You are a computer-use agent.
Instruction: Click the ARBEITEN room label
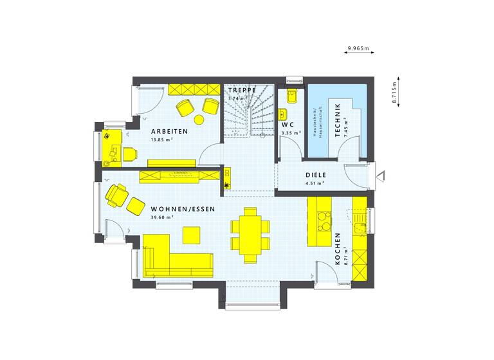[x=170, y=131]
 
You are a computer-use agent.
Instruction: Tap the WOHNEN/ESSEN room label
[x=183, y=209]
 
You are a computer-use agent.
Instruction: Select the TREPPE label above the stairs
[x=241, y=91]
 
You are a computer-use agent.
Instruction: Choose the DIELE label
[x=316, y=174]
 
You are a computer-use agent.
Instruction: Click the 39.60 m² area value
[x=162, y=218]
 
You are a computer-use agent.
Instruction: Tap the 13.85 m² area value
[x=162, y=139]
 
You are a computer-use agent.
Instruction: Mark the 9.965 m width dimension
[x=358, y=48]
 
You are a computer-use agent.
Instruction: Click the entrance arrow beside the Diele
[x=381, y=174]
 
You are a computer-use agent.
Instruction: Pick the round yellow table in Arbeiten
[x=199, y=119]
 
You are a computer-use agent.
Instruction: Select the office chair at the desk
[x=131, y=153]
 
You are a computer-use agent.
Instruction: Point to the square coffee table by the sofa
[x=192, y=235]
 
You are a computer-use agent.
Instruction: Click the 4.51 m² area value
[x=315, y=183]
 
